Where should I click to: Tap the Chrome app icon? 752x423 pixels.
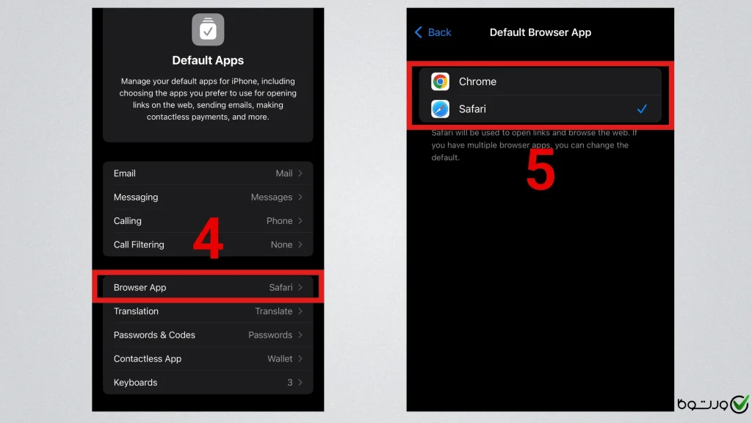click(440, 82)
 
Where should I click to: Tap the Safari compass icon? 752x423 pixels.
click(440, 109)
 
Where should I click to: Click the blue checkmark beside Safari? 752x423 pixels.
click(642, 109)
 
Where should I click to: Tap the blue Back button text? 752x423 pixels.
click(439, 32)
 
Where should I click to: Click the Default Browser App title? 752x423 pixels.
click(540, 32)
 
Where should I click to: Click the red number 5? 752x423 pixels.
click(540, 170)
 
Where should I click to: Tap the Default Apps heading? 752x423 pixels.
click(208, 60)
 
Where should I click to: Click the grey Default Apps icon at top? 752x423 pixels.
click(208, 29)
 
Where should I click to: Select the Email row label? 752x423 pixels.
click(124, 173)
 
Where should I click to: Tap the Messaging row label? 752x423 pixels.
click(136, 197)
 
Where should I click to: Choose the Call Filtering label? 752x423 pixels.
click(139, 245)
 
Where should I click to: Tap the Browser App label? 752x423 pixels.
click(140, 287)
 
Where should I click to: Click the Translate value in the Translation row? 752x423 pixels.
click(273, 311)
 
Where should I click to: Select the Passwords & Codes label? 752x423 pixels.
click(154, 335)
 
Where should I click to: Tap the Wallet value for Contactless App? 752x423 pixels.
click(280, 358)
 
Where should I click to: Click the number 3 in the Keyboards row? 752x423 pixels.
click(289, 382)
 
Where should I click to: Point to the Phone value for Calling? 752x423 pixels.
click(279, 220)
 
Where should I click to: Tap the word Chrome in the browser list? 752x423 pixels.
click(477, 82)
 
